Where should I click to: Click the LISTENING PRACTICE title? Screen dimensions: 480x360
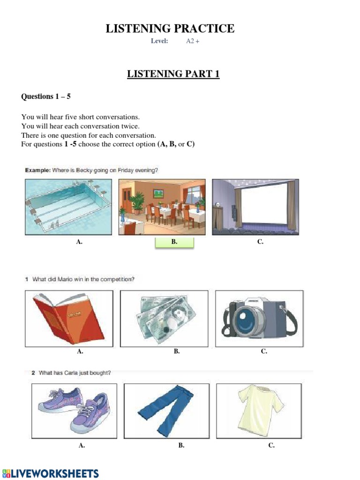coord(170,29)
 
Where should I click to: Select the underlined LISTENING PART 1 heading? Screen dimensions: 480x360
coord(173,74)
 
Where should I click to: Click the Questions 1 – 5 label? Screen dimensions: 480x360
coord(46,97)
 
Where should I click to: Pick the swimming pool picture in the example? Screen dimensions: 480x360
coord(68,207)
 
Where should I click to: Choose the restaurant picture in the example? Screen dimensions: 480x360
coord(162,207)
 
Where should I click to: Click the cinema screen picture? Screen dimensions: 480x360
coord(255,207)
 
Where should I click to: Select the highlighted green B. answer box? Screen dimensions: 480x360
coord(174,243)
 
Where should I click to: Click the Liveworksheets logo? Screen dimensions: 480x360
coord(51,473)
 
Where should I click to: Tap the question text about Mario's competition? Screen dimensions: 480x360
coord(83,279)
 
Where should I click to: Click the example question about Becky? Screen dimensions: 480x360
coord(91,171)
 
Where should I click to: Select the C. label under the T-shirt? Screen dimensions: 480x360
coord(271,445)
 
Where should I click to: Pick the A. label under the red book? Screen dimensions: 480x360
coord(80,351)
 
